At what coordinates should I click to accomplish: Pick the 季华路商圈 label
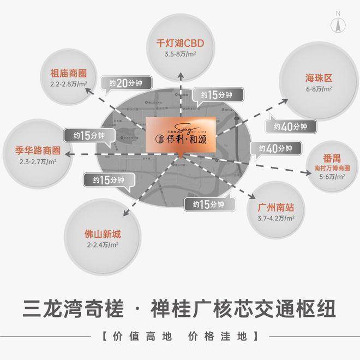pyautogui.click(x=37, y=151)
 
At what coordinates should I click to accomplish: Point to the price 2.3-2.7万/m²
pyautogui.click(x=37, y=161)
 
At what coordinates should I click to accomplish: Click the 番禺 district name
pyautogui.click(x=332, y=159)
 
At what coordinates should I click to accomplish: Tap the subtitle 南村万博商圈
pyautogui.click(x=332, y=169)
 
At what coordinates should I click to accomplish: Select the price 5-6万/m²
pyautogui.click(x=332, y=177)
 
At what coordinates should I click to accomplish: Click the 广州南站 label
pyautogui.click(x=276, y=208)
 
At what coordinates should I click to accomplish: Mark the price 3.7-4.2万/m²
pyautogui.click(x=276, y=218)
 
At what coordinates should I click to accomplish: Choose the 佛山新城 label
pyautogui.click(x=99, y=235)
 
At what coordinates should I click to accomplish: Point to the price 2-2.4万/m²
pyautogui.click(x=99, y=245)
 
